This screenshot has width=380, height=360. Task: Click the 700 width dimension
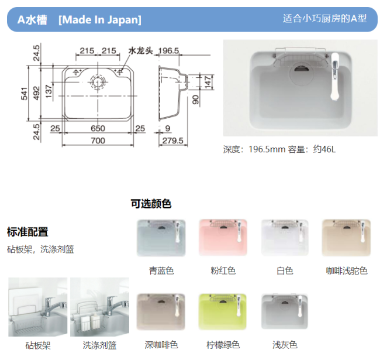point(98,140)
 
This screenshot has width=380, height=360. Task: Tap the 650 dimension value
point(98,128)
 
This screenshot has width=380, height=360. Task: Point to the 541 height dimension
point(24,94)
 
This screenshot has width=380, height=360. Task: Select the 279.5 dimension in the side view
point(173,140)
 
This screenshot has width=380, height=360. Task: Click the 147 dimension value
point(208,82)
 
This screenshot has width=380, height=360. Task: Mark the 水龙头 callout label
point(140,51)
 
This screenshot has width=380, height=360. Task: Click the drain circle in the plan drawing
point(98,82)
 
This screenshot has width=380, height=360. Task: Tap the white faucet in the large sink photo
point(334,76)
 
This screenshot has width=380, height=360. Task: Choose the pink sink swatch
point(223,237)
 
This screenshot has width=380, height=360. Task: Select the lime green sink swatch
point(223,311)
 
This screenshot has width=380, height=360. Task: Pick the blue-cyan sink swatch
point(161,238)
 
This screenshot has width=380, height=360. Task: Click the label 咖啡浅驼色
point(347,270)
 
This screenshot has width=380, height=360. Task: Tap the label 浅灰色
point(285,345)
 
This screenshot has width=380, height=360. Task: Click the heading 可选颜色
point(151,204)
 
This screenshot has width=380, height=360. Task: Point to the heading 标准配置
point(27,232)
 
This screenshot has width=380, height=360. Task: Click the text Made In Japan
point(100,20)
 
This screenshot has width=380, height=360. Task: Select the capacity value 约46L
point(324,149)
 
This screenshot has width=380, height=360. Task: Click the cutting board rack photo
point(38,307)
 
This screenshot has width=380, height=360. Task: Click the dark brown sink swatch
point(161,312)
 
